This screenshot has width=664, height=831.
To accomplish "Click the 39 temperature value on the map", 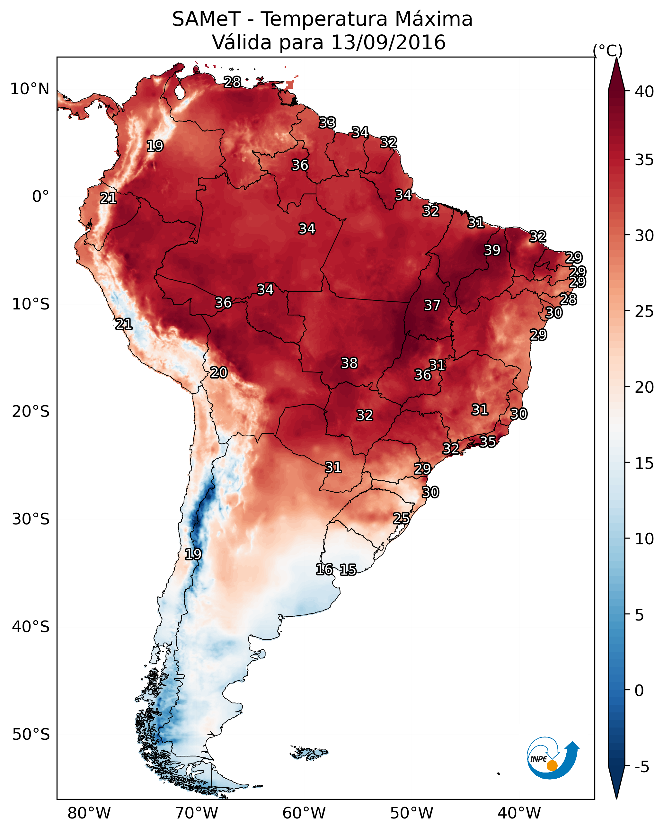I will [x=492, y=250].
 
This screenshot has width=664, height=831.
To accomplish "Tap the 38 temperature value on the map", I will [x=349, y=363].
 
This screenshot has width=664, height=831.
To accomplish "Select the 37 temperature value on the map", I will [x=432, y=305].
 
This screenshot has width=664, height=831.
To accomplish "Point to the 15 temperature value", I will [x=348, y=570].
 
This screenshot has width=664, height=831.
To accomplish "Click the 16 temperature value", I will [x=324, y=569].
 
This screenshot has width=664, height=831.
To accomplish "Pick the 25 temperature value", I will [x=401, y=518].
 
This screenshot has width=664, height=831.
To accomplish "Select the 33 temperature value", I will [x=327, y=122].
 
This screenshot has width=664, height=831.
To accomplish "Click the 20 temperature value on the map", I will [x=218, y=373].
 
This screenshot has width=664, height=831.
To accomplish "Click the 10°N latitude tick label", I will [x=30, y=89].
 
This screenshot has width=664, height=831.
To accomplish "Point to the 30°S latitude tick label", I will [x=31, y=519].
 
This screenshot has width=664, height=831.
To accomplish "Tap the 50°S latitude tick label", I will [x=31, y=734].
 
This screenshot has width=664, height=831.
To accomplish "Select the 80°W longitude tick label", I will [x=89, y=813].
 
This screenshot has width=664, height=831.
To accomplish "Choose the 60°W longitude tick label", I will [x=304, y=813].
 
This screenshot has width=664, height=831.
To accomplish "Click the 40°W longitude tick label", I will [x=519, y=813].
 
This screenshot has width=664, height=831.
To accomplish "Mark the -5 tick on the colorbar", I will [x=642, y=767].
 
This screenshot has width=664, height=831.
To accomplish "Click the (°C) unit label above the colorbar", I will [x=607, y=50].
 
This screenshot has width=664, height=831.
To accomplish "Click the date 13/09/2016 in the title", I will [x=388, y=42].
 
